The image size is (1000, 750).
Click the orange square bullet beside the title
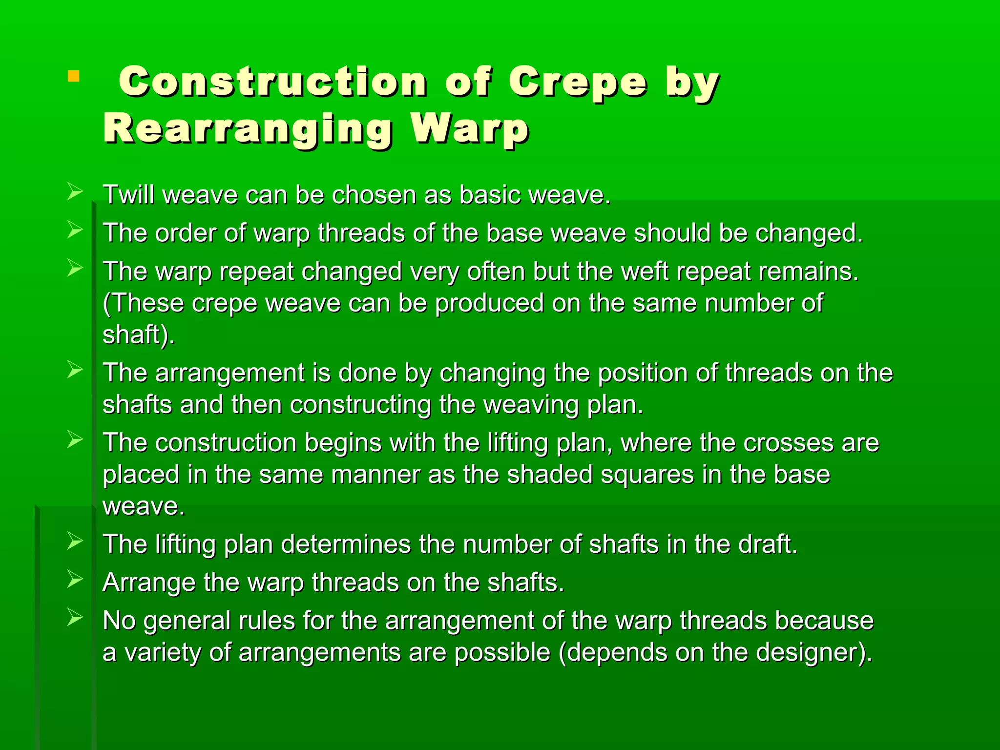[73, 76]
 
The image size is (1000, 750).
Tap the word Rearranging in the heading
[248, 128]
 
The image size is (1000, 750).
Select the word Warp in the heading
[469, 128]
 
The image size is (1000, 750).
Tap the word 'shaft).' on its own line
[138, 334]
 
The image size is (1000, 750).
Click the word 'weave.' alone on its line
[144, 506]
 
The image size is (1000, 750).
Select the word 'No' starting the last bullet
[119, 621]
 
